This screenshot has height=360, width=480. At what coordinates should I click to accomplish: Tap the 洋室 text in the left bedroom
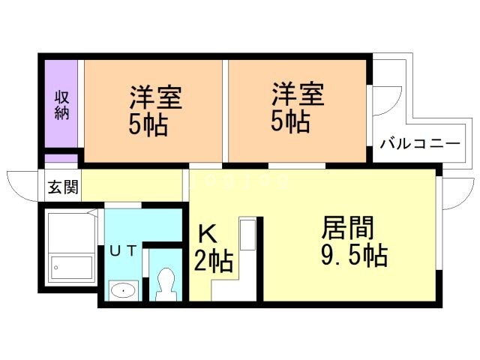tap(156, 97)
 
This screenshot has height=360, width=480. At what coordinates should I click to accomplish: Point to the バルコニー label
tap(419, 143)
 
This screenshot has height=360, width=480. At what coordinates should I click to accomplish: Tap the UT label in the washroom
tap(123, 251)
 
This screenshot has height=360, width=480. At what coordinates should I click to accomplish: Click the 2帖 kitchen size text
tap(214, 262)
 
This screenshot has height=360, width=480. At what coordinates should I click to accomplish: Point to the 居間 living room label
tap(348, 227)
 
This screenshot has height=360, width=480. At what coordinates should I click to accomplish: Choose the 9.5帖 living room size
tap(354, 256)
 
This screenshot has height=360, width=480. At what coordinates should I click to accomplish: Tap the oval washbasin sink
tap(121, 289)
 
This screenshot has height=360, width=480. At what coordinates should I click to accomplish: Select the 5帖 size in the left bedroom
tap(148, 124)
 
